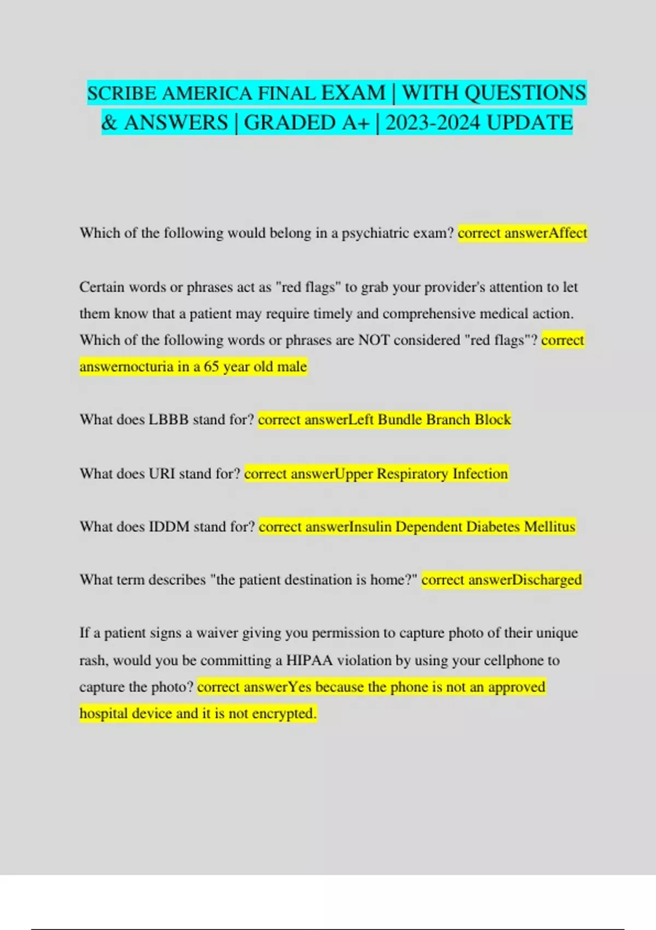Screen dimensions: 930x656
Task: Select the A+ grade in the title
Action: click(x=356, y=123)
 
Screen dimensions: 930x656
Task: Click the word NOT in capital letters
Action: click(x=374, y=340)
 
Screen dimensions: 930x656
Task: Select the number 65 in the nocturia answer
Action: click(x=212, y=367)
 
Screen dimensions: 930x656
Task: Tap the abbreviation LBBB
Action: click(x=168, y=420)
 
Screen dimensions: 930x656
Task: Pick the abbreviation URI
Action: click(x=162, y=473)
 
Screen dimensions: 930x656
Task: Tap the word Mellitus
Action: click(x=549, y=527)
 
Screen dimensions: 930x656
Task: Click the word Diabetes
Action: click(x=494, y=527)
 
